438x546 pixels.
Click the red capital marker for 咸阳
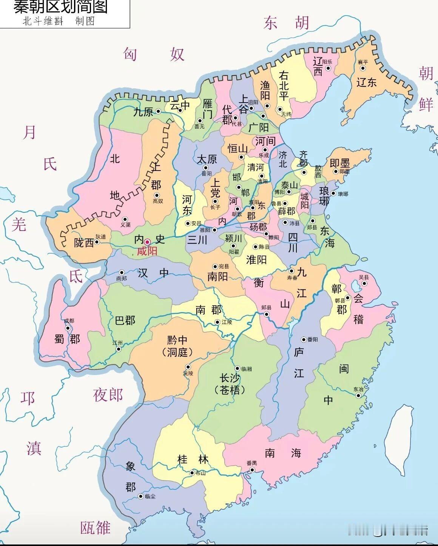pyautogui.click(x=147, y=242)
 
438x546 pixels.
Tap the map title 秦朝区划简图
pyautogui.click(x=60, y=7)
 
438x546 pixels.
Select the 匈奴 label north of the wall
pyautogui.click(x=154, y=55)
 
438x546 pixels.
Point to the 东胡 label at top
pyautogui.click(x=287, y=23)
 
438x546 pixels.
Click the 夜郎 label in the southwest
pyautogui.click(x=108, y=395)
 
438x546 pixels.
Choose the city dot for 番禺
pyautogui.click(x=251, y=470)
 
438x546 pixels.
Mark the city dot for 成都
pyautogui.click(x=68, y=328)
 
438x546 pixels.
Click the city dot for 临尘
pyautogui.click(x=141, y=497)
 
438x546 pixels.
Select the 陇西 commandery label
pyautogui.click(x=83, y=243)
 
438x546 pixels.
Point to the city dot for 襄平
pyautogui.click(x=362, y=68)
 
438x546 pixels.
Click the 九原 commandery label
pyautogui.click(x=143, y=112)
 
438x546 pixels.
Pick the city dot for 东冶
pyautogui.click(x=358, y=395)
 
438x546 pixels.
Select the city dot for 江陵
pyautogui.click(x=217, y=322)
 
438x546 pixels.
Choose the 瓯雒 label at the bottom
pyautogui.click(x=95, y=528)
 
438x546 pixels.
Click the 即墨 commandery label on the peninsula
pyautogui.click(x=339, y=163)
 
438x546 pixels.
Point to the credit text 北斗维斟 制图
pyautogui.click(x=59, y=21)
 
